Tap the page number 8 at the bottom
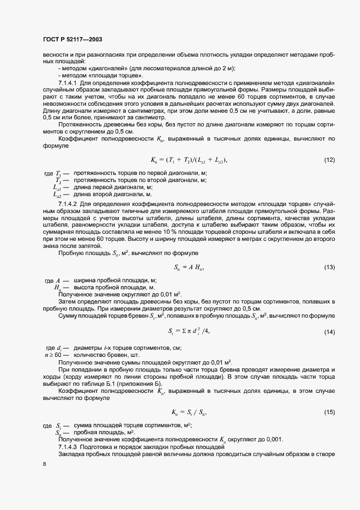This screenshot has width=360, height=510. (45, 464)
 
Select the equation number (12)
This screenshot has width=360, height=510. (330, 160)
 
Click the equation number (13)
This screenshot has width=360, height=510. (330, 267)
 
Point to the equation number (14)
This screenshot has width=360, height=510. (330, 332)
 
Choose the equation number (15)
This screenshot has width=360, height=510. (330, 412)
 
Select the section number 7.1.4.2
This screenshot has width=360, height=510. (69, 203)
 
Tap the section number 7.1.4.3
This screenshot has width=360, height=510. (69, 447)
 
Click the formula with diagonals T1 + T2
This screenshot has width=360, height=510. (188, 160)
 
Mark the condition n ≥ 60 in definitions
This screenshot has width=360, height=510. (51, 355)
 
